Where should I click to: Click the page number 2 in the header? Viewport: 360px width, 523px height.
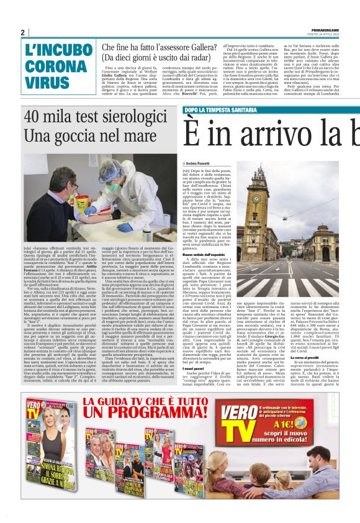[22, 33]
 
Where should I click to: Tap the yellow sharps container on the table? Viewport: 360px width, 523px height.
[82, 202]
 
